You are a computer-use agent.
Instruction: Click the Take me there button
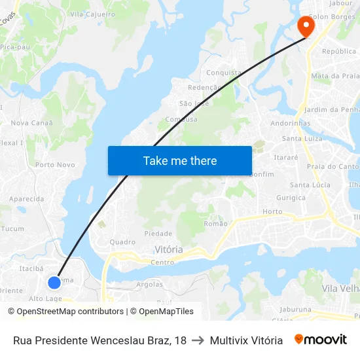coord(179,160)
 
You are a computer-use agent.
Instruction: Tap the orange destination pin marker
coord(306,26)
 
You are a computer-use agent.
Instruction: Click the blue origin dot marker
coord(54,282)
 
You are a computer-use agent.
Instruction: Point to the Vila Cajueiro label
coord(92,14)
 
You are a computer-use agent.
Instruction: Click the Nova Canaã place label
coord(32,123)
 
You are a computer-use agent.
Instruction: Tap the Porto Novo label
coord(55,165)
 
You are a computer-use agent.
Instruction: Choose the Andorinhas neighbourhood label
coord(291,123)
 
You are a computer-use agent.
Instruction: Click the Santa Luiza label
coord(302,139)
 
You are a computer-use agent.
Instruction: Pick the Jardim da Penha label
coord(332,109)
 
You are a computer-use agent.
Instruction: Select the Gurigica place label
coord(291,198)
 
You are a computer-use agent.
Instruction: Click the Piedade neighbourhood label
coord(158,234)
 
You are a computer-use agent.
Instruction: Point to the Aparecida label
coord(27,199)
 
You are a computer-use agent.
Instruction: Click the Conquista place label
coord(224,73)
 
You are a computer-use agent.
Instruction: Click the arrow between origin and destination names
coord(198,340)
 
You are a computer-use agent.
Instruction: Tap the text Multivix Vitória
coord(246,340)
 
